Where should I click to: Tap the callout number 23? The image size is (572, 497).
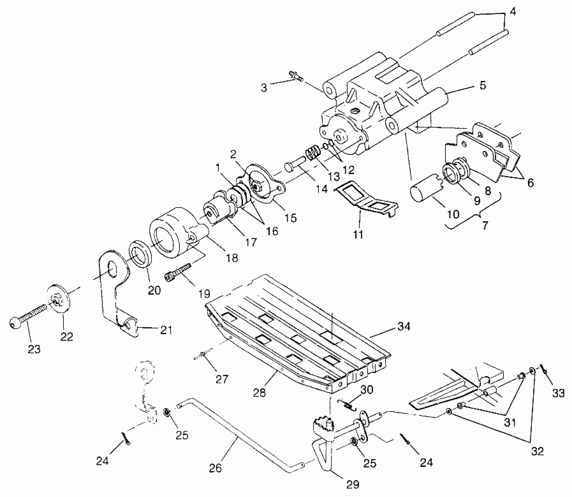coord(34,349)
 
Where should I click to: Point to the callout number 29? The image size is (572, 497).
coord(353,484)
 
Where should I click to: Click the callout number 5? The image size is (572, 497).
coord(483,86)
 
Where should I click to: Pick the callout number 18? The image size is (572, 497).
coord(232,258)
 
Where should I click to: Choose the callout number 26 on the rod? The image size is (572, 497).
coord(215,468)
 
